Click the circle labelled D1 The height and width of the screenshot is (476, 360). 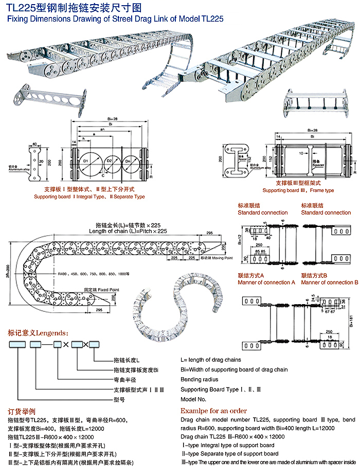pyautogui.click(x=86, y=163)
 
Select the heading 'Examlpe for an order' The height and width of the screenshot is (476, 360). pyautogui.click(x=213, y=411)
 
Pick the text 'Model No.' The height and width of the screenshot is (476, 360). pyautogui.click(x=193, y=399)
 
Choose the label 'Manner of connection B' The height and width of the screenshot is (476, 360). pyautogui.click(x=329, y=283)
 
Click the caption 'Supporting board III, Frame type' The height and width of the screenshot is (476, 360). pyautogui.click(x=298, y=190)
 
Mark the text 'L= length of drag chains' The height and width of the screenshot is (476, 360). pyautogui.click(x=211, y=360)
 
